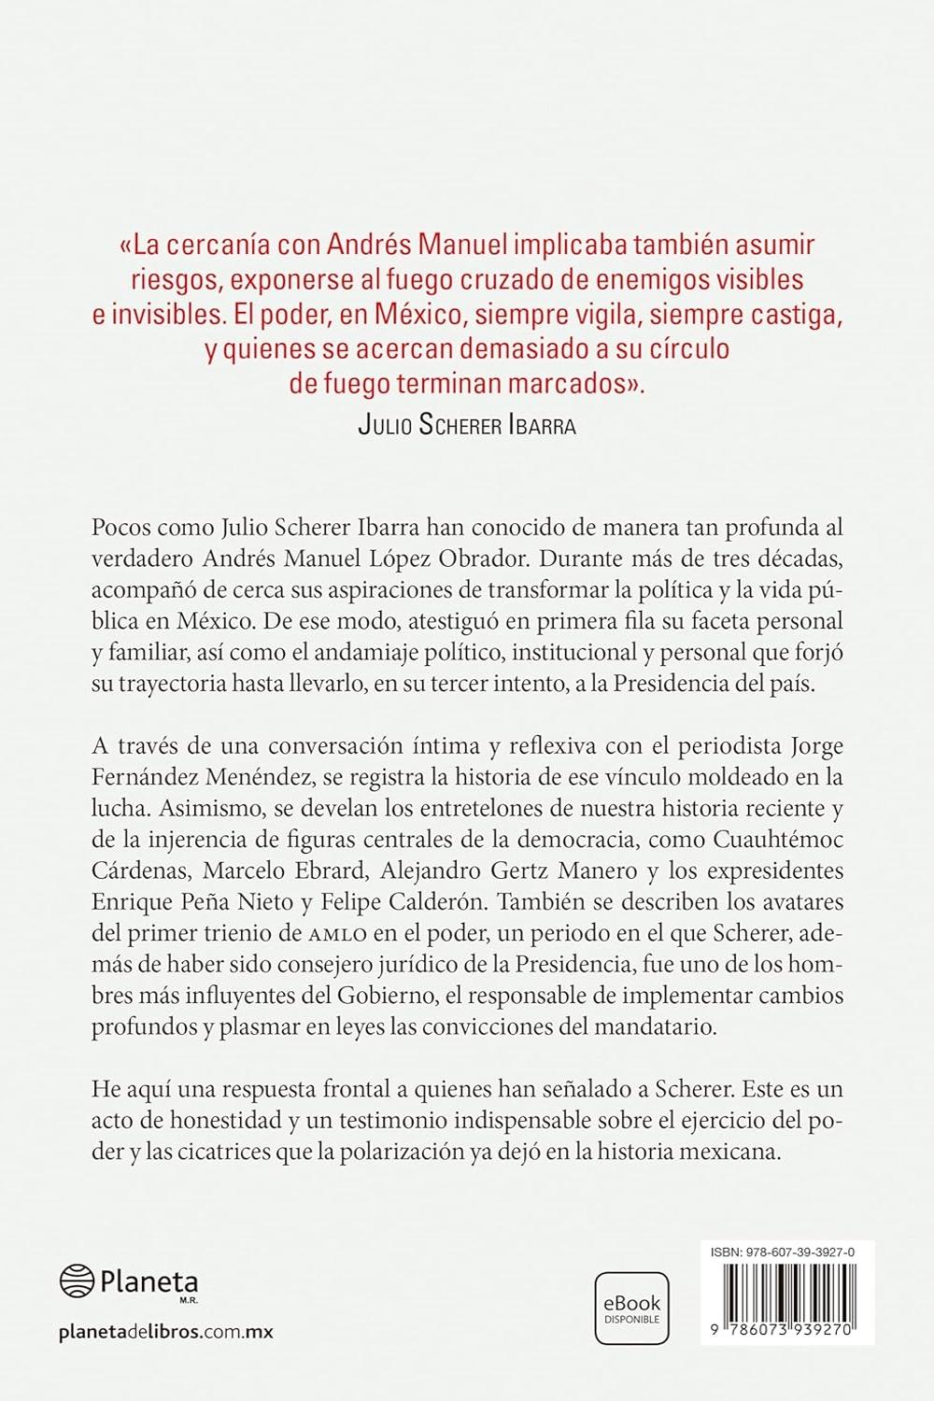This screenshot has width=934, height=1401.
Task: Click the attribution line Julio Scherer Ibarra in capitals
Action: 467,426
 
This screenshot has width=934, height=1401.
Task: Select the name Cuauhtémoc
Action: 783,838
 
